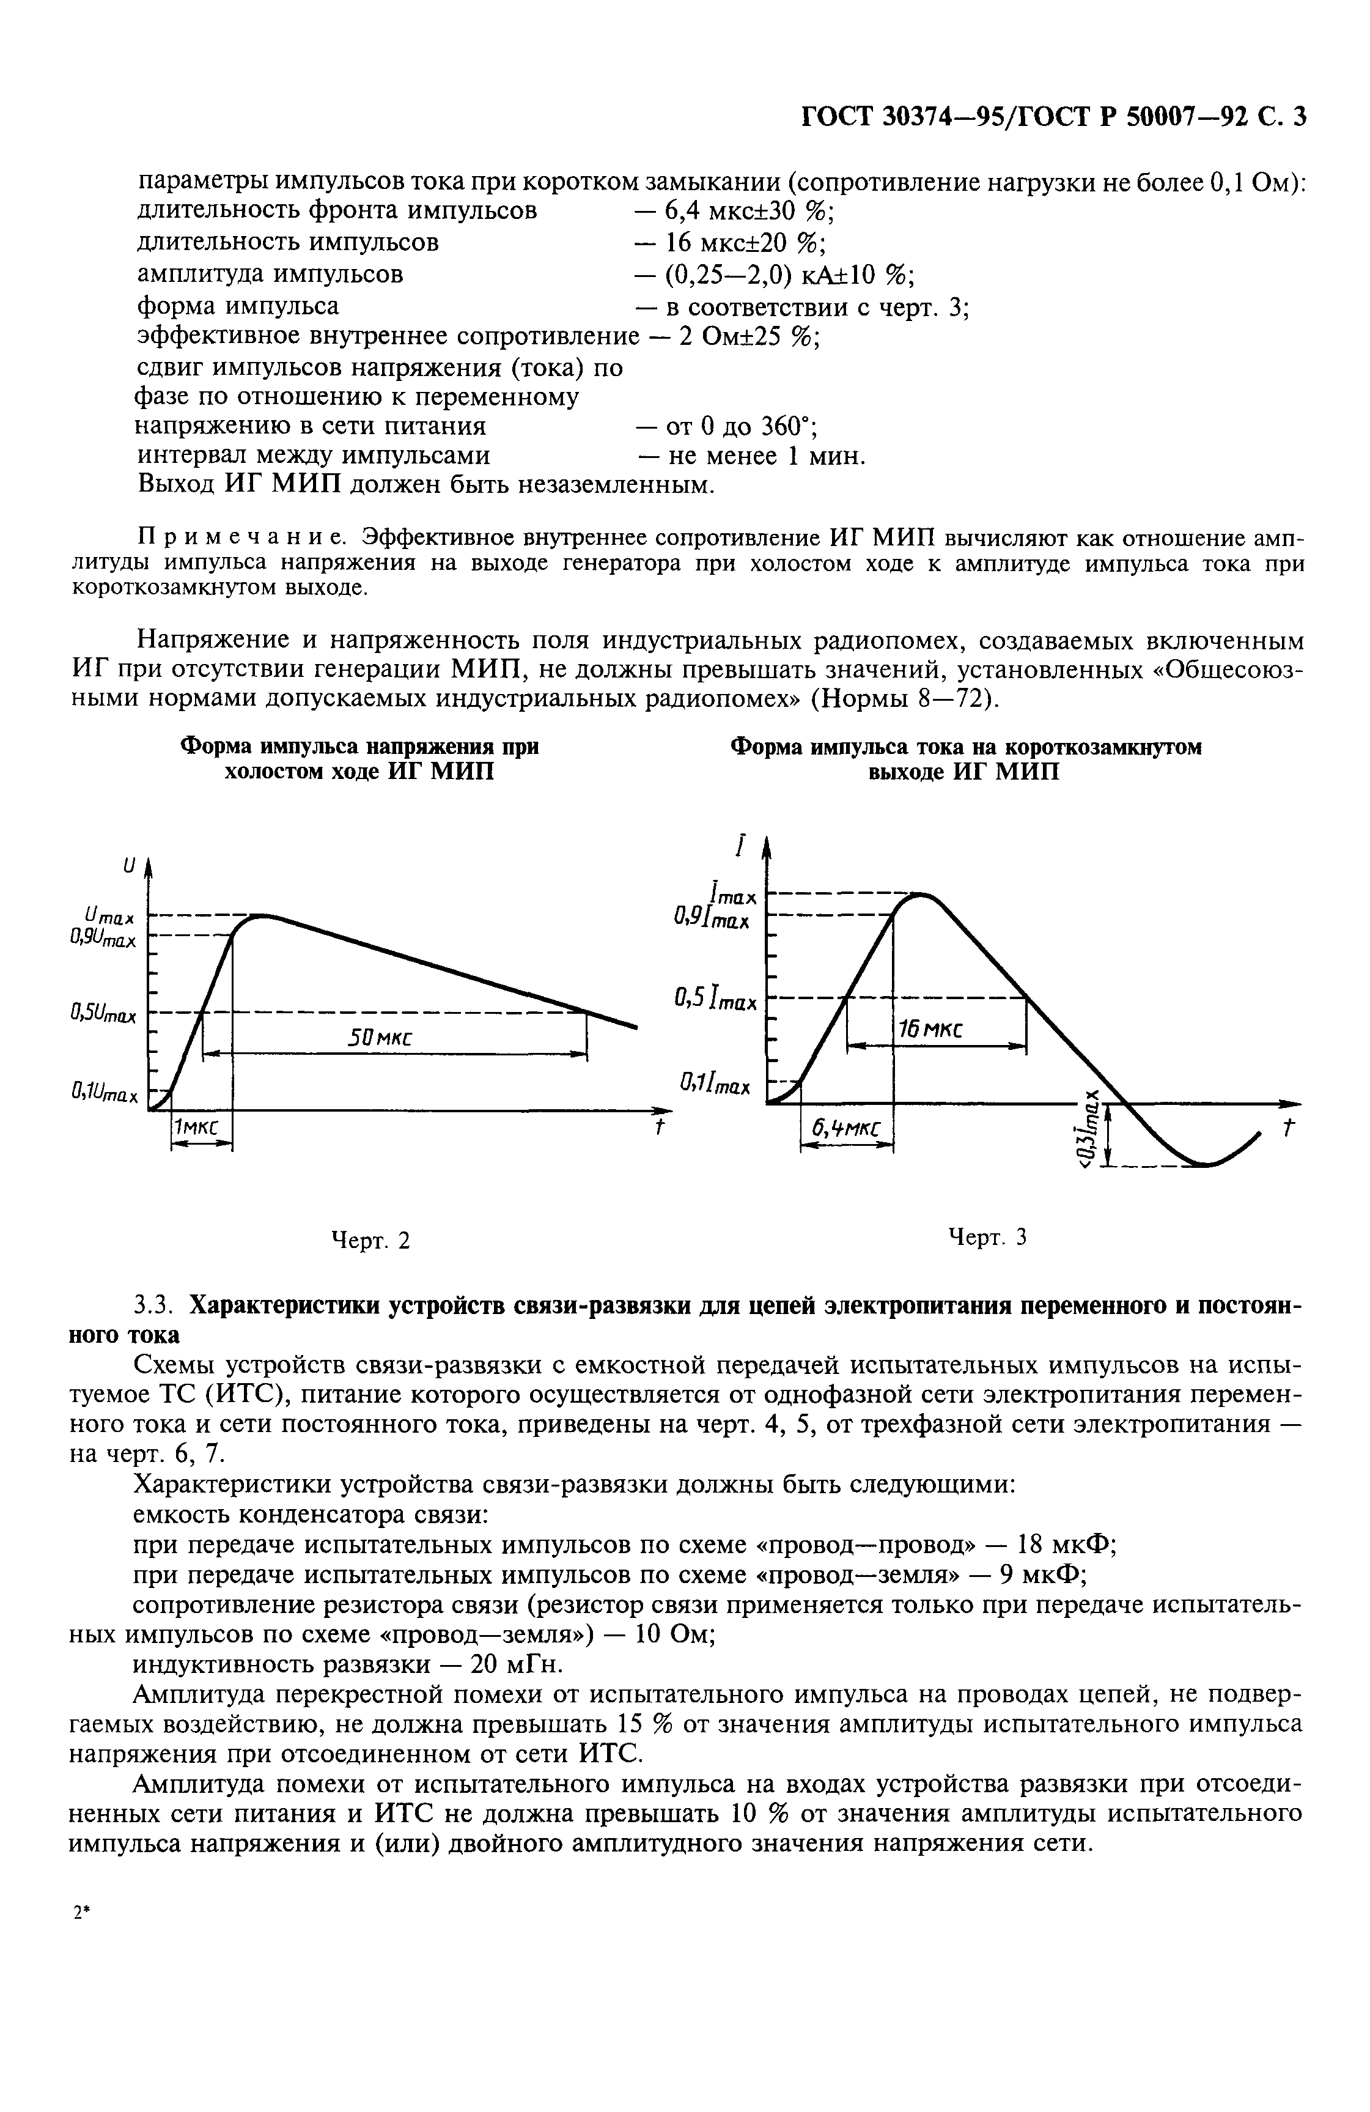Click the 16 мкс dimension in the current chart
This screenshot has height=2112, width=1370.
930,1028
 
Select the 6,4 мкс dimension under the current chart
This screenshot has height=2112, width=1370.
845,1128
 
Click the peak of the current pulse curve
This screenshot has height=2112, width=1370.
921,895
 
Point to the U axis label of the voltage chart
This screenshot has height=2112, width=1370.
130,863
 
